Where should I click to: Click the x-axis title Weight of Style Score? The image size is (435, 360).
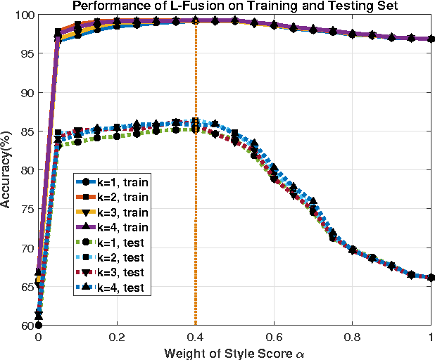coord(234,351)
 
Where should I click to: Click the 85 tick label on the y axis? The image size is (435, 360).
coord(27,131)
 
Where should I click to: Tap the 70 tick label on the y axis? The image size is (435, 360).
coord(27,247)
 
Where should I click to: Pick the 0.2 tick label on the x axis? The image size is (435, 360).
coord(117,337)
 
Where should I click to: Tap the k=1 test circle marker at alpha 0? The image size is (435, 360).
coord(39,325)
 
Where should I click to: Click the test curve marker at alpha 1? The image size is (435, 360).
coord(430,278)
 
